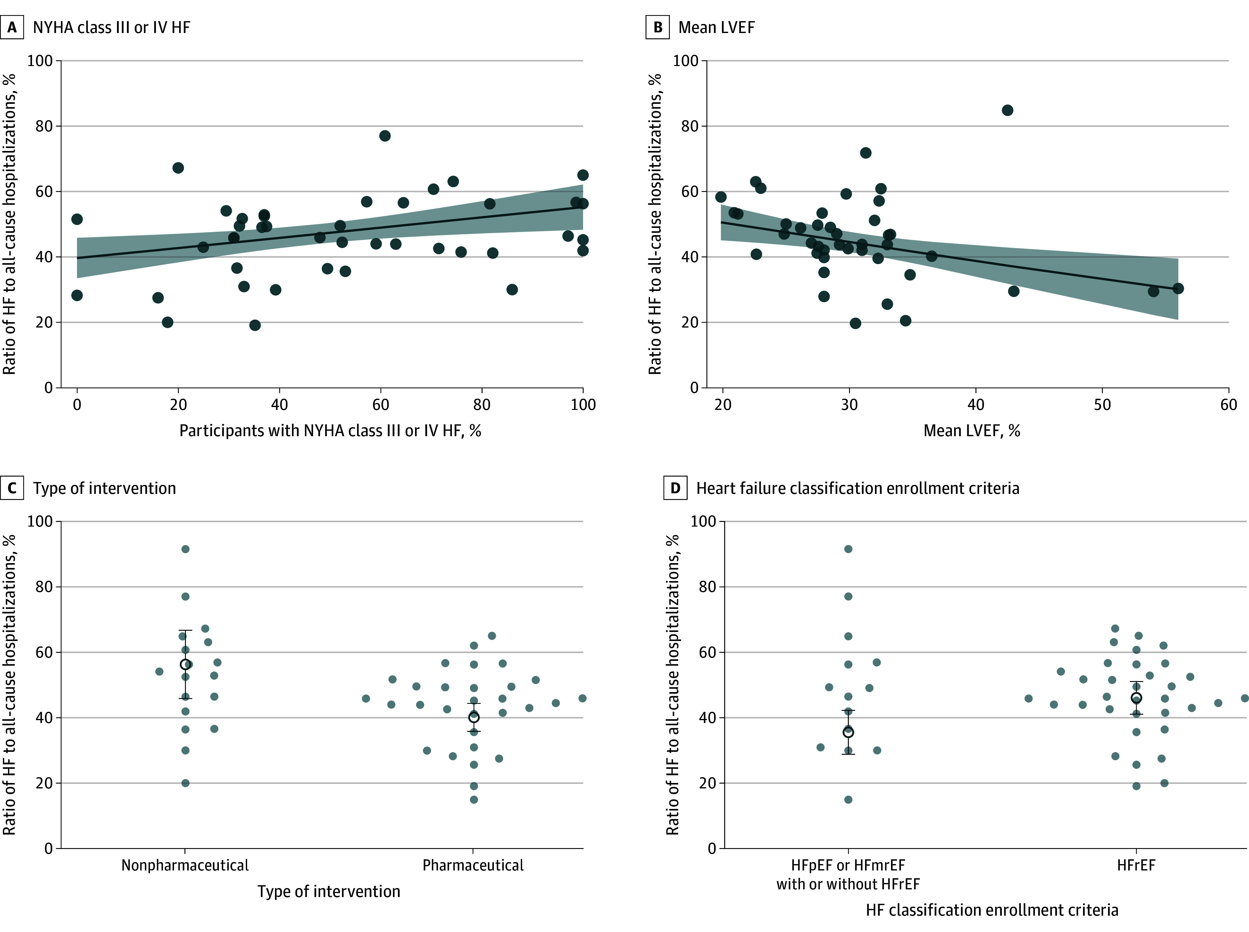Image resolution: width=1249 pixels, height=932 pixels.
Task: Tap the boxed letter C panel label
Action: (x=12, y=488)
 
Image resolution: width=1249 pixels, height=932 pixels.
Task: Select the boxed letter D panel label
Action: (x=675, y=488)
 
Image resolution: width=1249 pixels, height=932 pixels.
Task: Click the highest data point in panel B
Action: (x=1007, y=110)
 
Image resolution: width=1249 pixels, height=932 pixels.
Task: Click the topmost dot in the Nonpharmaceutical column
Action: (x=185, y=549)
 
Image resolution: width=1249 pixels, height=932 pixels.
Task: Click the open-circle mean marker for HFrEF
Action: (x=1136, y=698)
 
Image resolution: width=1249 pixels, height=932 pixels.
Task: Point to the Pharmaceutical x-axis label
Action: (x=473, y=865)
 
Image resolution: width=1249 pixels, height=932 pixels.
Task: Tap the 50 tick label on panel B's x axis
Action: (x=1102, y=404)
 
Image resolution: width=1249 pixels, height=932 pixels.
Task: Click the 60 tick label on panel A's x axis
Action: (x=381, y=404)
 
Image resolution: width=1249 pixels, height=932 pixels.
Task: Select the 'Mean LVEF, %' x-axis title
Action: (x=971, y=431)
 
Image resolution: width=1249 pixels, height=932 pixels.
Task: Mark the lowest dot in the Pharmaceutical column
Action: (x=474, y=799)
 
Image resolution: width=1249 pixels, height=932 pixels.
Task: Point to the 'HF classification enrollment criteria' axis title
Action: (x=992, y=910)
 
